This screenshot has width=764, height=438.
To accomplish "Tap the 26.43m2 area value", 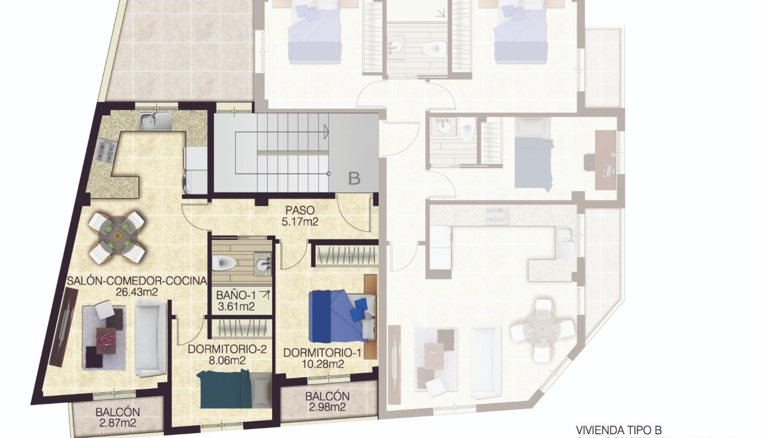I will coord(137,292).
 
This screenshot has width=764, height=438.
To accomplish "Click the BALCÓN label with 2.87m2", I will coord(118,412).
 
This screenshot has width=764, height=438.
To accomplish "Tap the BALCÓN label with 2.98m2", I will coord(327,396).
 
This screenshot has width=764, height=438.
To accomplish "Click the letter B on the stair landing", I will coord(354,178).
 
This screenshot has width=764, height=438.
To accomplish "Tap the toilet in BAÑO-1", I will coord(224,264).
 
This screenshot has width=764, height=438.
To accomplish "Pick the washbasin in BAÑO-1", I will coord(264,265).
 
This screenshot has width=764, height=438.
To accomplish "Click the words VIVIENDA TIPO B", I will coord(619,430).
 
